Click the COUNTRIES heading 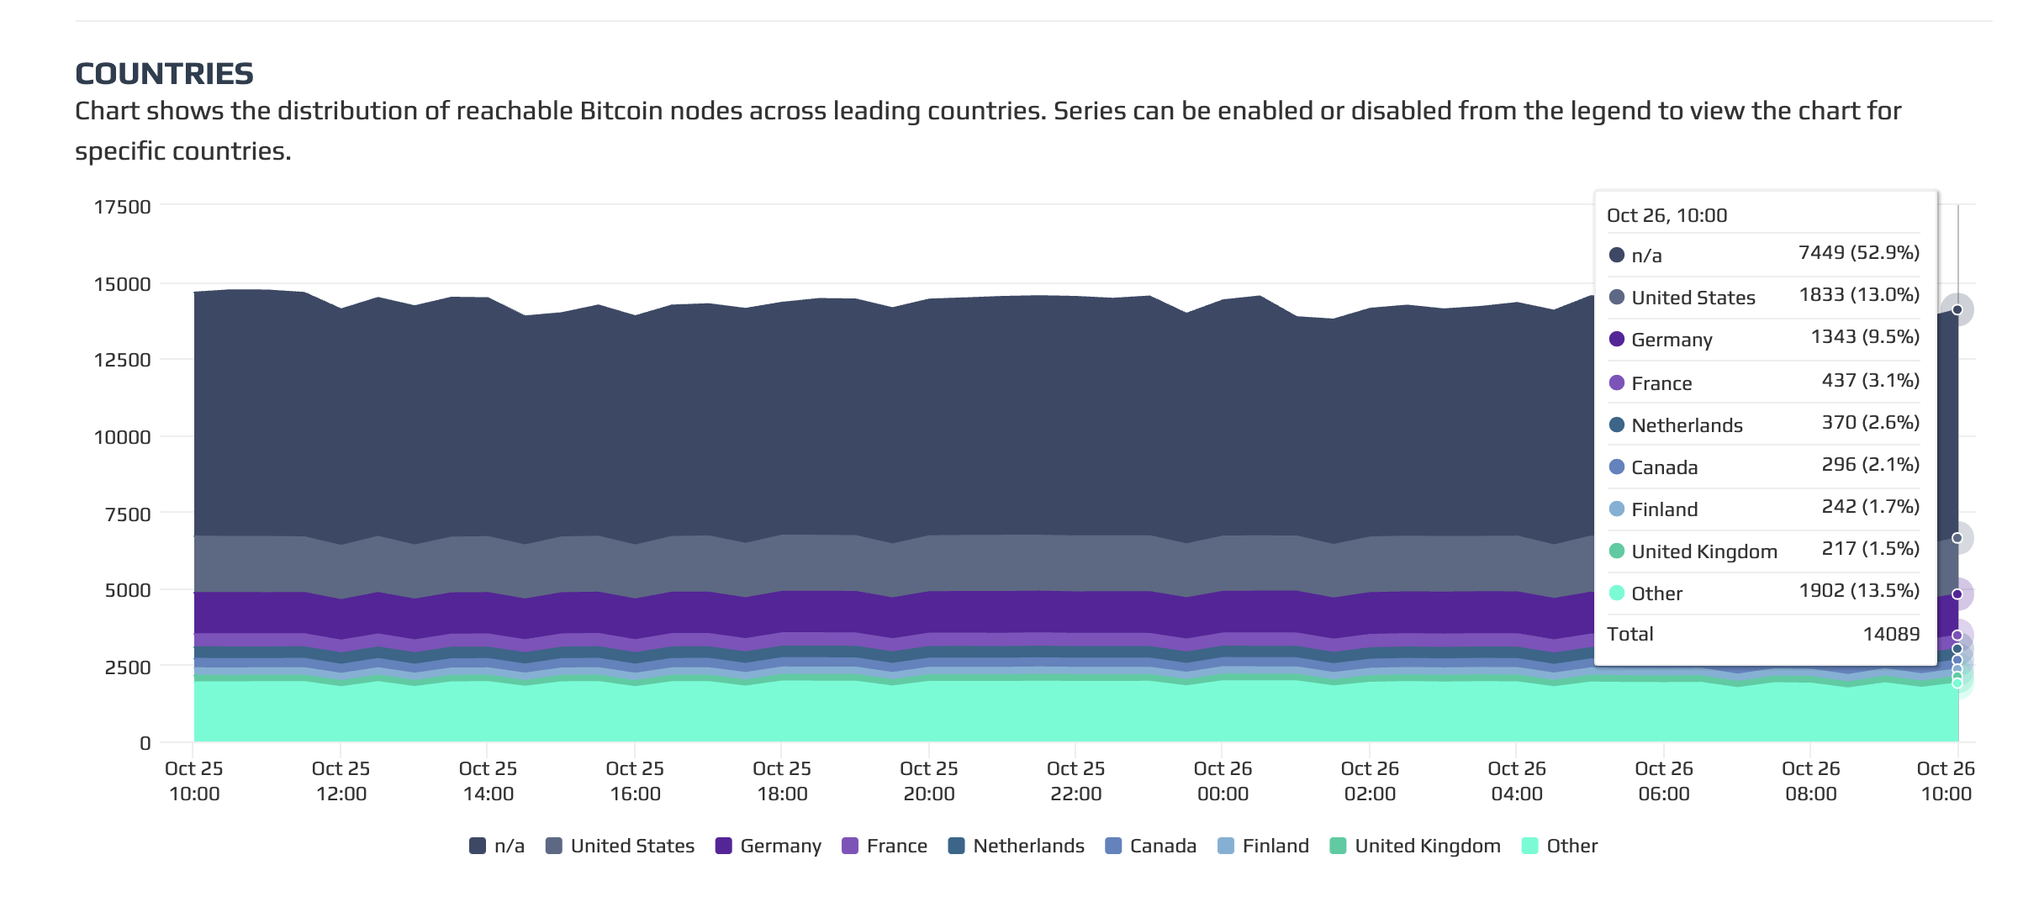[164, 74]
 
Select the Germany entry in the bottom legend [769, 846]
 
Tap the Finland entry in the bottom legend [1264, 846]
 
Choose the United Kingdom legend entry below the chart [1416, 846]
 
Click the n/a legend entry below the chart [497, 846]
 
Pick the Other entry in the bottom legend [1561, 846]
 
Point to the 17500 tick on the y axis [123, 207]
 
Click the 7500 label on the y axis [128, 514]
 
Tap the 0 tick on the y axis [145, 743]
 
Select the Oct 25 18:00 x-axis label [782, 781]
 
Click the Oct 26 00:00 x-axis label [1223, 781]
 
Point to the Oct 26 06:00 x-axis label [1663, 781]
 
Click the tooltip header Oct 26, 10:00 [1666, 216]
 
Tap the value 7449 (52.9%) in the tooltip [1858, 253]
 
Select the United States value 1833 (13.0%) [1858, 295]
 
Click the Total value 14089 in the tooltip [1891, 634]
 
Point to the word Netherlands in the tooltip [1687, 425]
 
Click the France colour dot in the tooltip [1616, 383]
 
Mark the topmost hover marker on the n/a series [1957, 310]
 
